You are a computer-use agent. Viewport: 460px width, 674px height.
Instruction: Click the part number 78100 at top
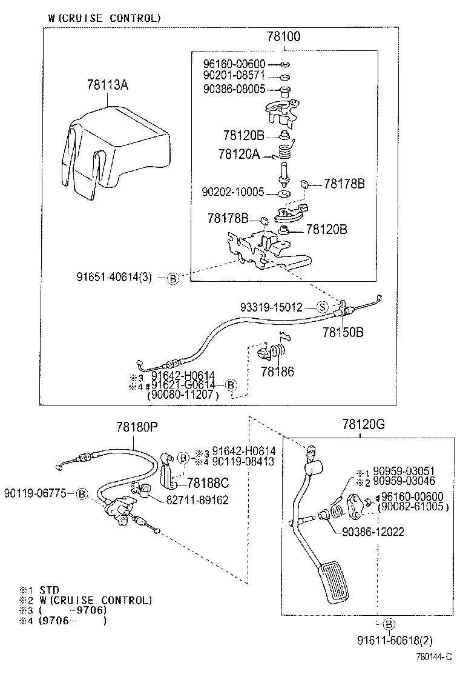click(283, 38)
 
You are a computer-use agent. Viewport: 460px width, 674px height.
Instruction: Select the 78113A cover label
click(108, 85)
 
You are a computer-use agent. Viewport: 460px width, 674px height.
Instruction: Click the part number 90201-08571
click(233, 76)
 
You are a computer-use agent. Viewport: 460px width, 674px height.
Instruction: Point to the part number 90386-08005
click(233, 89)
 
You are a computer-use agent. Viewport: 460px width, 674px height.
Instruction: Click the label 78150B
click(343, 332)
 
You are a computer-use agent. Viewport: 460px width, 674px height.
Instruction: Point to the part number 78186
click(277, 371)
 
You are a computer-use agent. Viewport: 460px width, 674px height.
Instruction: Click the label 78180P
click(137, 427)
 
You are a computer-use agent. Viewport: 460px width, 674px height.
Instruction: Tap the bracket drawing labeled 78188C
click(169, 470)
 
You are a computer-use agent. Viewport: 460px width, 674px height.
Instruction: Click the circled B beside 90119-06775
click(83, 493)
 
